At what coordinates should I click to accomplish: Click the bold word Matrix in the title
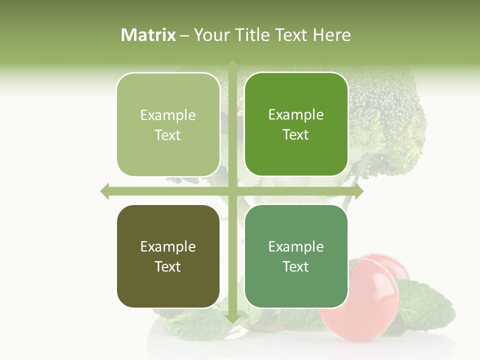tap(148, 35)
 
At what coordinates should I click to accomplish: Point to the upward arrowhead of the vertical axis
tap(232, 65)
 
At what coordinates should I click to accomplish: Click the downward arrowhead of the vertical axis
tap(232, 318)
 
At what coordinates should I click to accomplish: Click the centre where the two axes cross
tap(232, 191)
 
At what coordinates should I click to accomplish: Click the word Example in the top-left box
tap(168, 115)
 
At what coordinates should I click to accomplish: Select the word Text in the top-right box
tap(296, 135)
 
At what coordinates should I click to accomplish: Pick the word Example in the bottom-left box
tap(168, 247)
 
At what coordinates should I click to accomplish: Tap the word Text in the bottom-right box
tap(296, 266)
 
